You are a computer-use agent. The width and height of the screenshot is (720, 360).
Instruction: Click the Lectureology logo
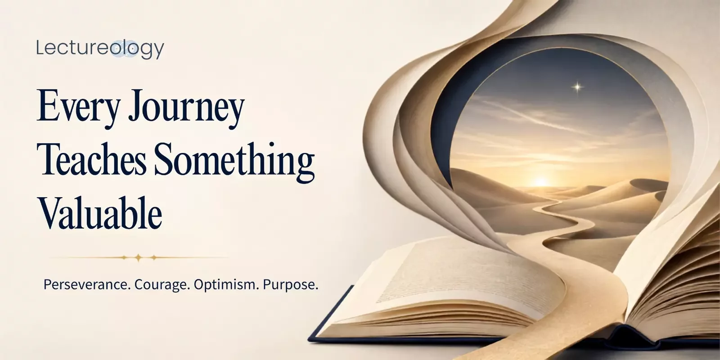100,49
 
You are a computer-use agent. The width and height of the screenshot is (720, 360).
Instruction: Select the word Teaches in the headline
92,160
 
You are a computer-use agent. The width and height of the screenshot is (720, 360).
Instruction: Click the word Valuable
100,212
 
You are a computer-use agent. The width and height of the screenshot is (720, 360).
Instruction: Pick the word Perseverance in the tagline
87,284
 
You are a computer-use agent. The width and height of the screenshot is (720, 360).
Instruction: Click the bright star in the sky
578,87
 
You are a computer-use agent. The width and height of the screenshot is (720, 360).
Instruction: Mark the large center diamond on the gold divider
138,257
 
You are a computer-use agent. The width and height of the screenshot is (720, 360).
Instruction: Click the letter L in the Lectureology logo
40,48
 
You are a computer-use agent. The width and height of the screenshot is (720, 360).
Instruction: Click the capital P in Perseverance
47,284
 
